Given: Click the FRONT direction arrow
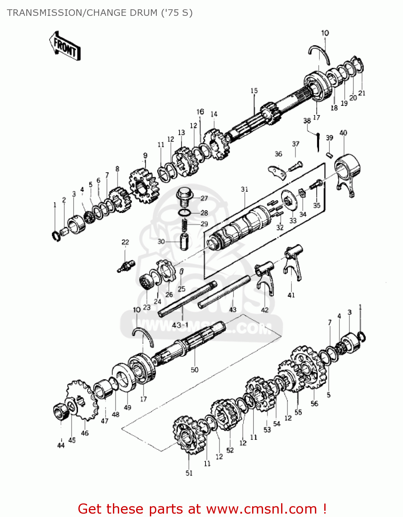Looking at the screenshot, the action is tap(65, 47).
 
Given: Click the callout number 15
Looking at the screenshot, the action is tap(254, 91).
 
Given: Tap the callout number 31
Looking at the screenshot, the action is tap(244, 189).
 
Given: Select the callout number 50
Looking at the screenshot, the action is tap(194, 370).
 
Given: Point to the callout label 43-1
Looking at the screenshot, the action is tap(180, 325).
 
